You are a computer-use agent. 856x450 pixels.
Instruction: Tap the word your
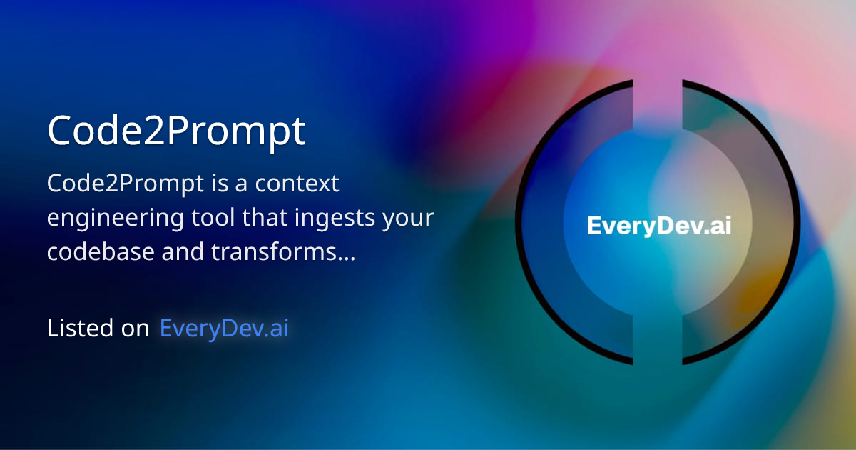(408, 218)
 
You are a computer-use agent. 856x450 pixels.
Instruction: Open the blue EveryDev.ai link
(224, 328)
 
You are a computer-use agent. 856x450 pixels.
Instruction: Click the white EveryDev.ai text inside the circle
(658, 226)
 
